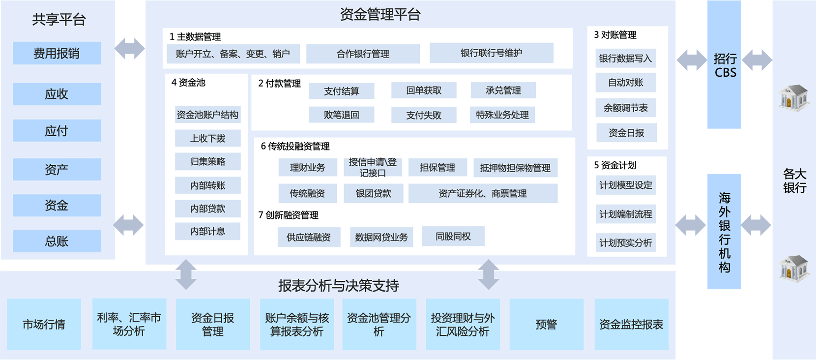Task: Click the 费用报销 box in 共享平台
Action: tap(57, 53)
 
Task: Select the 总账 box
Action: tap(57, 241)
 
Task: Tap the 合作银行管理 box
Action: tap(363, 54)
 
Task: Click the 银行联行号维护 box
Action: tap(491, 53)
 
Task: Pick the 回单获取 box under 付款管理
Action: tap(424, 90)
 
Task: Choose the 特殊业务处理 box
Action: tap(502, 115)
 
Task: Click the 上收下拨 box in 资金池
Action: tap(207, 138)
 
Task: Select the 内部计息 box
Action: tap(207, 231)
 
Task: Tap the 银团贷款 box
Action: tap(373, 193)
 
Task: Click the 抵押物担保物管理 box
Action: tap(515, 168)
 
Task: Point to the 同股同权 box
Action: tap(453, 237)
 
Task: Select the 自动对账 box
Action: tap(625, 83)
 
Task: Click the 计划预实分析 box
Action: tap(625, 242)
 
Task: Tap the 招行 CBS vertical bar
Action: tap(724, 65)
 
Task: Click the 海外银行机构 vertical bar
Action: tap(724, 232)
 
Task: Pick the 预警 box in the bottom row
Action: tap(546, 324)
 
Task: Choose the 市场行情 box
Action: tap(44, 324)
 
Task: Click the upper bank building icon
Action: tap(793, 97)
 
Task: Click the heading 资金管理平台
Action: tap(380, 15)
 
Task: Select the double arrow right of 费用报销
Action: tap(130, 48)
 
